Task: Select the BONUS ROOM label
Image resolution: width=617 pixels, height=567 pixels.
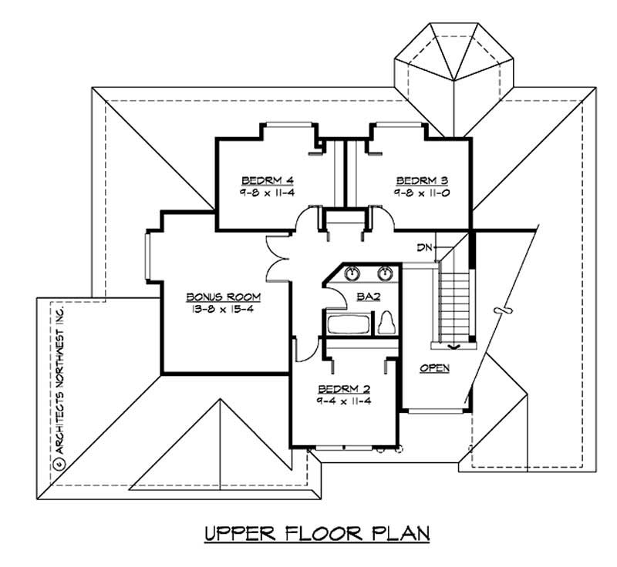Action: coord(224,297)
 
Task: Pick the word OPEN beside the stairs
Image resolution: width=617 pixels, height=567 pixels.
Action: coord(434,368)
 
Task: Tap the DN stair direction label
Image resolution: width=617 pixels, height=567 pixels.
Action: coord(423,247)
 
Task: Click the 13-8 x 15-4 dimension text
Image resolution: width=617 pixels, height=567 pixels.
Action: coord(224,308)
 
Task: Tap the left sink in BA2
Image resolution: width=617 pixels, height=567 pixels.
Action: coord(352,273)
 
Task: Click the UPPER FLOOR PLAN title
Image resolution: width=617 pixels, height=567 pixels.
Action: coord(316,533)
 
